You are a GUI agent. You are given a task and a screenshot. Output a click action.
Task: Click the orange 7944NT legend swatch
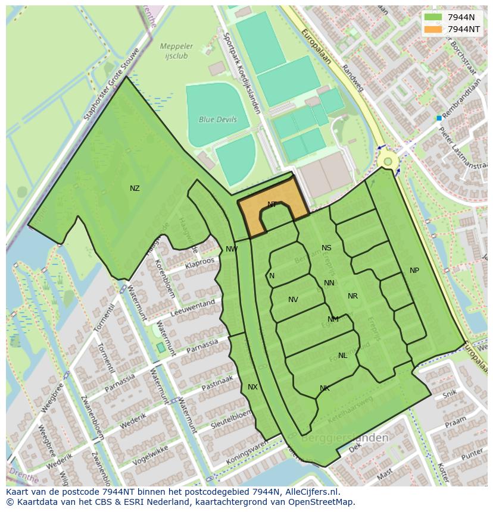pos(433,29)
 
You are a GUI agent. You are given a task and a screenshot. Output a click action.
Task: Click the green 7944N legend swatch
pos(433,17)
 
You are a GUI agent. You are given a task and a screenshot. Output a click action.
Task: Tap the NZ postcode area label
pos(135,189)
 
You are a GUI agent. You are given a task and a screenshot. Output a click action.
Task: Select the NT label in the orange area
pos(272,205)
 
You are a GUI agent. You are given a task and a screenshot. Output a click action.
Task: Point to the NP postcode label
pos(414,271)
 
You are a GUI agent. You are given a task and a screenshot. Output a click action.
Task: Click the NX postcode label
pos(252,387)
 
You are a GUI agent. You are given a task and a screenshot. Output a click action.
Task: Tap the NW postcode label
pos(232,249)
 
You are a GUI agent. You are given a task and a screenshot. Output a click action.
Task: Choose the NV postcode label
pos(293,300)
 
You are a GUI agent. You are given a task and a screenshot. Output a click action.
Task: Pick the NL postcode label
pos(342,356)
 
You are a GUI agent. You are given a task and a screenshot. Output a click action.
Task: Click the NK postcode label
pos(324,388)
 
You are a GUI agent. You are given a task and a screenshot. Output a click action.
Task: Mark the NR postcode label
pos(352,296)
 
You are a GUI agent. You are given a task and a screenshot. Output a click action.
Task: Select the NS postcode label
pos(326,248)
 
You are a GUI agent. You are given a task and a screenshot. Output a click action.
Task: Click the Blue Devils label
pos(217,120)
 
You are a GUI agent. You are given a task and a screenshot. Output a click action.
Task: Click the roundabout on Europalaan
pos(388,161)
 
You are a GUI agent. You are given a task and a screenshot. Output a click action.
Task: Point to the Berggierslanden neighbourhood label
pos(345,438)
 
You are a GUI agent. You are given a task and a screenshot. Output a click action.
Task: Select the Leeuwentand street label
pos(192,307)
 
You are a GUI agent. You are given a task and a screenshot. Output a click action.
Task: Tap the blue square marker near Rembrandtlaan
pos(439,118)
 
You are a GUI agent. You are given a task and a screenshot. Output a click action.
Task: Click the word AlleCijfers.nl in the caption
pos(310,492)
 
